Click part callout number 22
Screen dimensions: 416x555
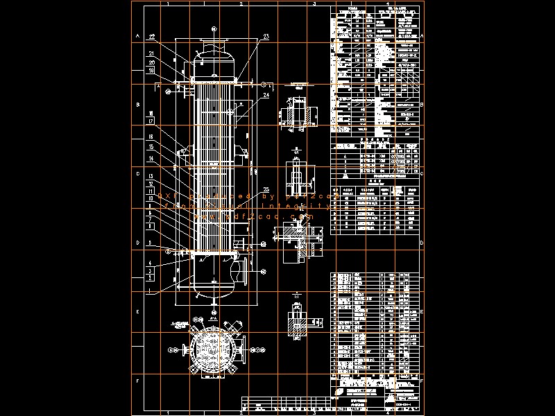coord(153,36)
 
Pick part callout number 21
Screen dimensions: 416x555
coord(151,53)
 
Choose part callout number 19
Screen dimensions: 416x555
coord(151,70)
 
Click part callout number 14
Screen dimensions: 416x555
coord(151,159)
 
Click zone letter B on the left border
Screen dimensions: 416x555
coord(137,105)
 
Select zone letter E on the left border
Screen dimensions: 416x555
coord(137,312)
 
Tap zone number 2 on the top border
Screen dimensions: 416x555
coord(240,3)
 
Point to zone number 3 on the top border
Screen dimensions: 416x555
coord(314,3)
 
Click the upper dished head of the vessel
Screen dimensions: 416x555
coord(213,55)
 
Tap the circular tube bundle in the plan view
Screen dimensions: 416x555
coord(213,351)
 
